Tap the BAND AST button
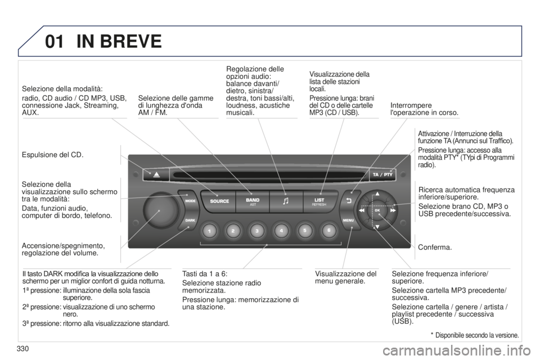click(253, 201)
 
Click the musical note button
click(286, 201)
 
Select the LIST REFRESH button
click(319, 201)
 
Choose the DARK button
click(190, 220)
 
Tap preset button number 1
click(209, 231)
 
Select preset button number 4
click(281, 231)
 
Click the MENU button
click(349, 220)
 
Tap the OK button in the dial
click(377, 210)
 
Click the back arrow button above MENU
click(349, 200)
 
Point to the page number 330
click(22, 349)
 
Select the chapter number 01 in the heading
click(55, 41)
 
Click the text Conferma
click(435, 247)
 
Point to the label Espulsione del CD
click(53, 155)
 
